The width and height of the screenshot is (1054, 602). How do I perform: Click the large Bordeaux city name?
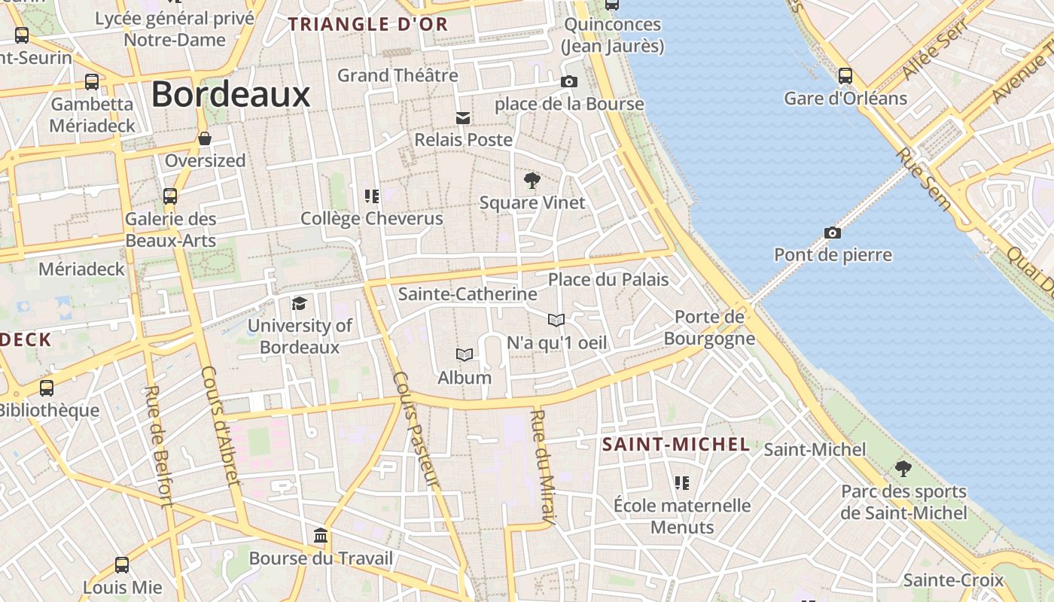[x=230, y=96]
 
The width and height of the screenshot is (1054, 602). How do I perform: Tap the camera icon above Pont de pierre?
[x=832, y=233]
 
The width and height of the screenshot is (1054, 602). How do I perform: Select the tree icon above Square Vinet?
[x=532, y=181]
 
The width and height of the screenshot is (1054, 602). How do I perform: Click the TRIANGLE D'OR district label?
[x=368, y=24]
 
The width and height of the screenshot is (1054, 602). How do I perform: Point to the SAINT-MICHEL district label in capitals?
[x=676, y=444]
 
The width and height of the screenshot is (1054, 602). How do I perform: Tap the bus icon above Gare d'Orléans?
[x=845, y=76]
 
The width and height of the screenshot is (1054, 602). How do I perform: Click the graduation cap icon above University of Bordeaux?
[x=300, y=303]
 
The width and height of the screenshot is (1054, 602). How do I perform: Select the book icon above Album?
[x=465, y=354]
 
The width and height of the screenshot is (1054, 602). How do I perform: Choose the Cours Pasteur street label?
[x=415, y=430]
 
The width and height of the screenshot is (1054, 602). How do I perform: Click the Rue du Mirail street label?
[x=543, y=467]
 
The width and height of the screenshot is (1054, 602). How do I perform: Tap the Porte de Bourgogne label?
[x=709, y=327]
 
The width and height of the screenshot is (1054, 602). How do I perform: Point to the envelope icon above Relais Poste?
[x=463, y=117]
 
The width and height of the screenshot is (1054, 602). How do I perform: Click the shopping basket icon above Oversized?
[x=205, y=138]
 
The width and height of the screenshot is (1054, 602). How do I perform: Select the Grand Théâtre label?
[x=398, y=75]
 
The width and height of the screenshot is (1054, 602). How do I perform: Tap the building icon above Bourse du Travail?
[x=321, y=536]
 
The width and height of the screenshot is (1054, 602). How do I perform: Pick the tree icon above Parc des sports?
[x=903, y=469]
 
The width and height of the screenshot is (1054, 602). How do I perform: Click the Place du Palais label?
[x=608, y=280]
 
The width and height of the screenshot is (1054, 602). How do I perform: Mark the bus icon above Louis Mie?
[x=122, y=564]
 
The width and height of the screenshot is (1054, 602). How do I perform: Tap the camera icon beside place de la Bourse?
[x=569, y=81]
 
